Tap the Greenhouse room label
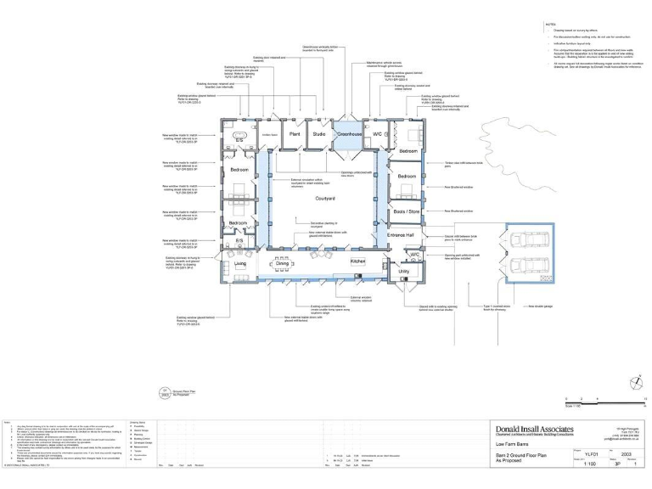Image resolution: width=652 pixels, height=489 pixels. (x=348, y=134)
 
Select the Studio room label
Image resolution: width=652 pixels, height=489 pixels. (x=319, y=134)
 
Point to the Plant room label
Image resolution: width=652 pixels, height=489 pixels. (x=295, y=134)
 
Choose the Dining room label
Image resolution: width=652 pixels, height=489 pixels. (x=283, y=264)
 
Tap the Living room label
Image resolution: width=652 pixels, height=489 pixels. (x=240, y=264)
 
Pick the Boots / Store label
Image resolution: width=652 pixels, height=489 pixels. (x=407, y=211)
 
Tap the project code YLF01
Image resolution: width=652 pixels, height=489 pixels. (x=591, y=453)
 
